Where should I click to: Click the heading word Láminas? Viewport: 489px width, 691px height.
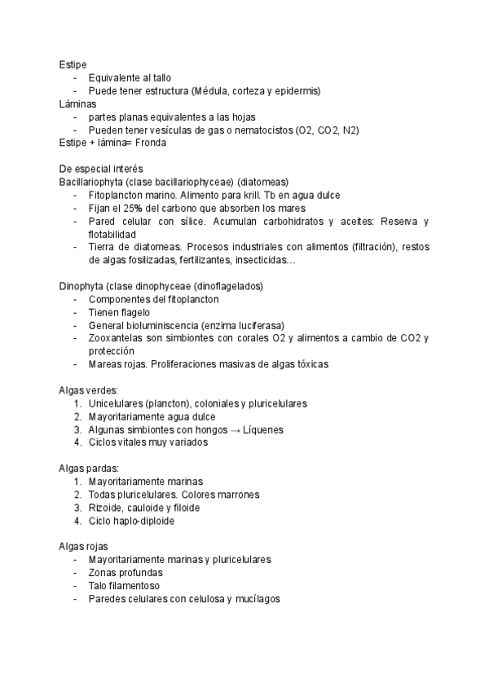pos(77,103)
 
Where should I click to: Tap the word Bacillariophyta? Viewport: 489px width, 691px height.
pos(96,182)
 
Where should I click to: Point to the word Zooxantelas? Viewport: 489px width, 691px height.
pos(118,338)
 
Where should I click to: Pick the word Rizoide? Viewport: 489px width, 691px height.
pos(106,508)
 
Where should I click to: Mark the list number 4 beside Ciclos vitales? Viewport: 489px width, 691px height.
pos(77,442)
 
